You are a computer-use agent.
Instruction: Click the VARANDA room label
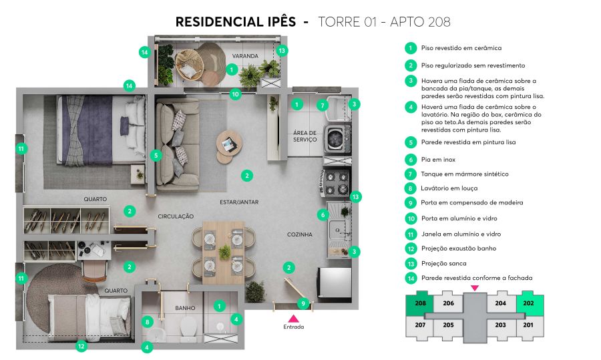coord(245,56)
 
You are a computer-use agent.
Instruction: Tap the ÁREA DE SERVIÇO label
coord(305,136)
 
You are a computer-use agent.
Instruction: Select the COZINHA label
coord(299,234)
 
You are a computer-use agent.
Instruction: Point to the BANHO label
coord(185,308)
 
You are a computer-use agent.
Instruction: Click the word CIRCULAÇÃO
coord(176,216)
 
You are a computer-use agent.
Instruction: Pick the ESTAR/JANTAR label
coord(239,202)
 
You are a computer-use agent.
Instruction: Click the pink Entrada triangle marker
coord(293,318)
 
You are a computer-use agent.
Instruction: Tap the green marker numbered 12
coord(81,346)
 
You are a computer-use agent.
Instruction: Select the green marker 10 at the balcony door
coord(235,94)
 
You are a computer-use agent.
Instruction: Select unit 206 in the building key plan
coord(448,303)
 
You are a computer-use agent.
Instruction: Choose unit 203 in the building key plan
coord(500,325)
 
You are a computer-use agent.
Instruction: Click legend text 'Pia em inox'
coord(438,160)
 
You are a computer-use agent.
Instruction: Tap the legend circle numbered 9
coord(411,203)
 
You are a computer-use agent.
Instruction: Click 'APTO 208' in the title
coord(420,22)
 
